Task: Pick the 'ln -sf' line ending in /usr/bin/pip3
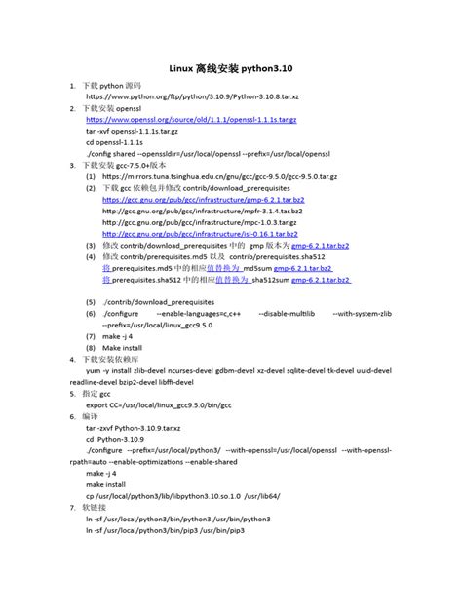pyautogui.click(x=164, y=530)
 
